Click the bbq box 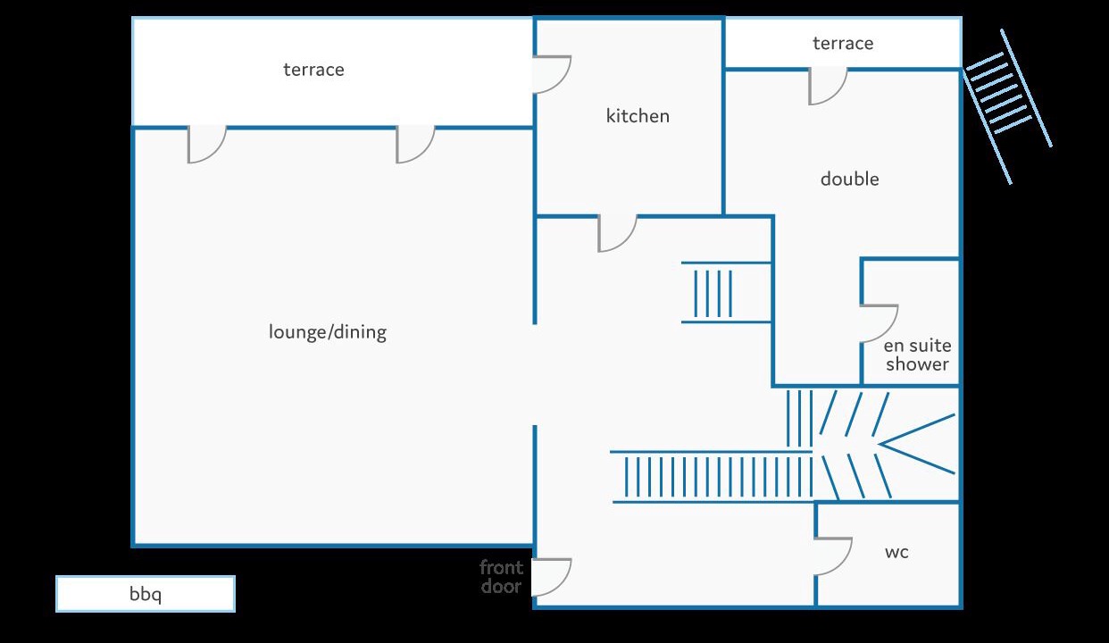[x=146, y=594]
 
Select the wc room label [x=896, y=552]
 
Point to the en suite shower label [x=917, y=355]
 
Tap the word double [x=849, y=179]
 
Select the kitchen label [x=638, y=115]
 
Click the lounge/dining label [x=328, y=332]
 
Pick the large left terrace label [x=313, y=70]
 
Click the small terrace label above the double [x=843, y=43]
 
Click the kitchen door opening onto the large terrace [x=551, y=74]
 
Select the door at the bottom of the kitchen [x=616, y=233]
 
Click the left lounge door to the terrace [x=205, y=145]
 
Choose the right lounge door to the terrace [x=414, y=145]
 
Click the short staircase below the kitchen [x=714, y=292]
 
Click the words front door [x=501, y=577]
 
